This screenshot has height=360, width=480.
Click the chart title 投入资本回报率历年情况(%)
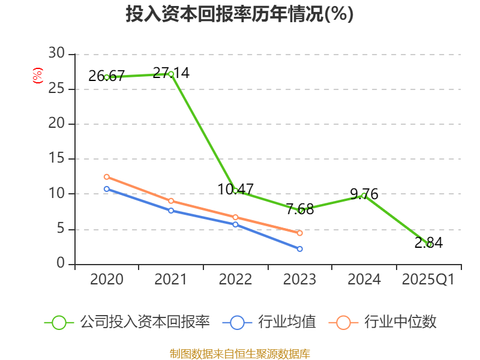(x=239, y=14)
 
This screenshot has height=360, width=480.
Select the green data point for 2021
(x=171, y=74)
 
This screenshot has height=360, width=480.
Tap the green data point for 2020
(x=107, y=77)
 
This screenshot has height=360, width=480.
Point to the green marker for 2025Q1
(x=429, y=244)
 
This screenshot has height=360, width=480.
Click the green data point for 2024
(x=364, y=196)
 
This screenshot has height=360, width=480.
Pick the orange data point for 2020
(x=107, y=177)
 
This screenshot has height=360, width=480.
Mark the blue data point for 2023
(x=300, y=248)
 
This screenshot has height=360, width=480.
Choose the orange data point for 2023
(x=300, y=233)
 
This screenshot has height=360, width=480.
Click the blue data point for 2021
(x=171, y=211)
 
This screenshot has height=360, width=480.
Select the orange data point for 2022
(x=235, y=217)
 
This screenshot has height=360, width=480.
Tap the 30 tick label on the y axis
(x=56, y=54)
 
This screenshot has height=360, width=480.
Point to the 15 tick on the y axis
(x=56, y=159)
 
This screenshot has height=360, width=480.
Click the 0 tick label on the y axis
(x=61, y=264)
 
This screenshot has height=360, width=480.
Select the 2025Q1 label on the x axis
(x=428, y=280)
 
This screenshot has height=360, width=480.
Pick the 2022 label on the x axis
(x=235, y=280)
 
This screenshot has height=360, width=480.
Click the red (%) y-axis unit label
(x=38, y=76)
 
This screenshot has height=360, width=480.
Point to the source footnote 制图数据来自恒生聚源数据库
(x=239, y=353)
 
